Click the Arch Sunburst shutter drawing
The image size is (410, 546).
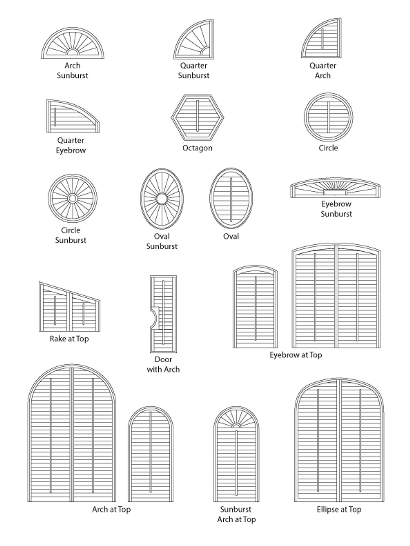coord(72,45)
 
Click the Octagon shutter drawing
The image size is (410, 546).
coord(197,117)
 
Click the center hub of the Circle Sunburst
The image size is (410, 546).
coord(72,198)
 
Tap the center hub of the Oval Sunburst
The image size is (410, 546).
coord(162,199)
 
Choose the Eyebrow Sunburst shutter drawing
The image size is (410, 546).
coord(335,189)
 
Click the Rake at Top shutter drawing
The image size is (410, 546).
coord(69,309)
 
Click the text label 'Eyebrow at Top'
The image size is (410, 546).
coord(296,355)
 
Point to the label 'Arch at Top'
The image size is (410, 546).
coord(111,509)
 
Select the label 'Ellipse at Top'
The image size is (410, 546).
coord(339,509)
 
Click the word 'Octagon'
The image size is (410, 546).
coord(197,148)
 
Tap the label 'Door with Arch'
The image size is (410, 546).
coord(163,364)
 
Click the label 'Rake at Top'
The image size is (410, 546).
coord(69,339)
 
